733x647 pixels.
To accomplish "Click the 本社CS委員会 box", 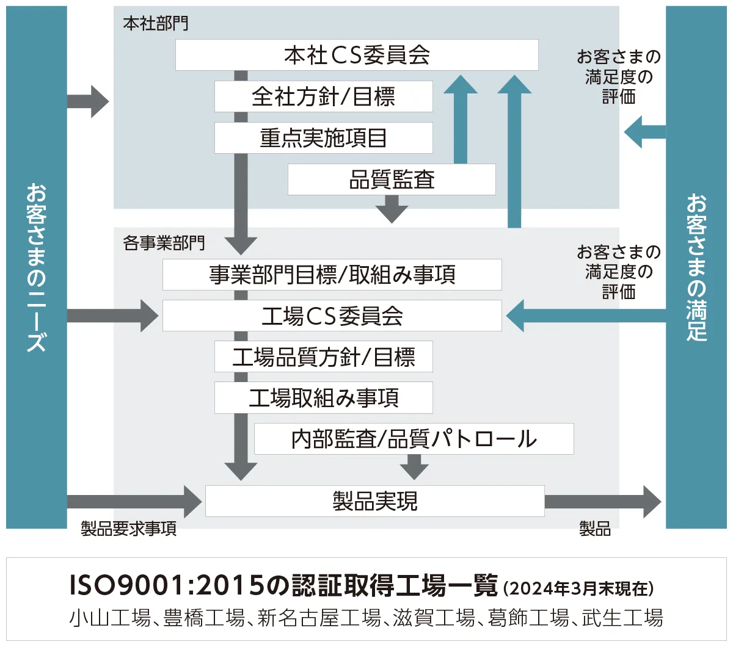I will [357, 55].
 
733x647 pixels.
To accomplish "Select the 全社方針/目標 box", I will [323, 96].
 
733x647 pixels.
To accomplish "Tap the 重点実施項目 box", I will [323, 138].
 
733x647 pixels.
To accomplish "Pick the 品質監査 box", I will [392, 179].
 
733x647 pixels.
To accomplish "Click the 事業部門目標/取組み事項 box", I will [332, 275].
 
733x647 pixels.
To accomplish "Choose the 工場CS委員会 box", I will [332, 316].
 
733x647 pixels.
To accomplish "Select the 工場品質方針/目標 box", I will [323, 356].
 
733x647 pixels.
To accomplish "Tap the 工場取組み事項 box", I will [323, 398].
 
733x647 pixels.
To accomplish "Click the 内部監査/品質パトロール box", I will [414, 439].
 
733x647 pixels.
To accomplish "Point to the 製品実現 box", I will [374, 501].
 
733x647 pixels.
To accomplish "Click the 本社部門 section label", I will [156, 24].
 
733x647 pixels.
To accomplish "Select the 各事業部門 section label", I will [164, 243].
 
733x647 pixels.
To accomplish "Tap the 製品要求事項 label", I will [129, 529].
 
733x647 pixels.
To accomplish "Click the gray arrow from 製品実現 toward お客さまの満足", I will [602, 502].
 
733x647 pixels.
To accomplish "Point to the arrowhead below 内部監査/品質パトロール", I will [414, 469].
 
